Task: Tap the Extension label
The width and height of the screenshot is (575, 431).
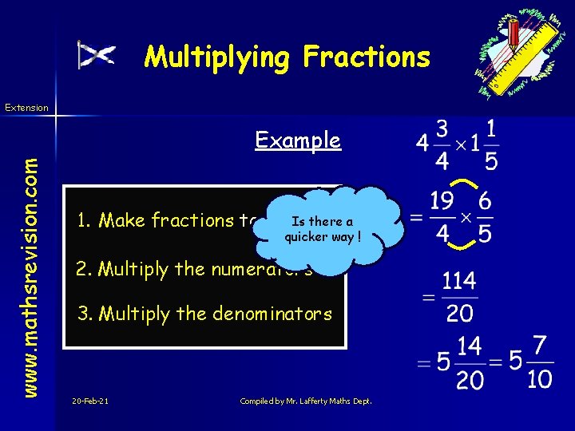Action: (26, 107)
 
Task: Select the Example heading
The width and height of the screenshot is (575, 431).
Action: (298, 140)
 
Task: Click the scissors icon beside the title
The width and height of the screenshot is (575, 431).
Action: (97, 54)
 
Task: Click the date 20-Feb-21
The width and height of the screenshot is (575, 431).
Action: (89, 400)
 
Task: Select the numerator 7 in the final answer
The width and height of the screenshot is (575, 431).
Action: (540, 346)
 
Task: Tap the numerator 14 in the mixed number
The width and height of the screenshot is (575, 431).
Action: (470, 346)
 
